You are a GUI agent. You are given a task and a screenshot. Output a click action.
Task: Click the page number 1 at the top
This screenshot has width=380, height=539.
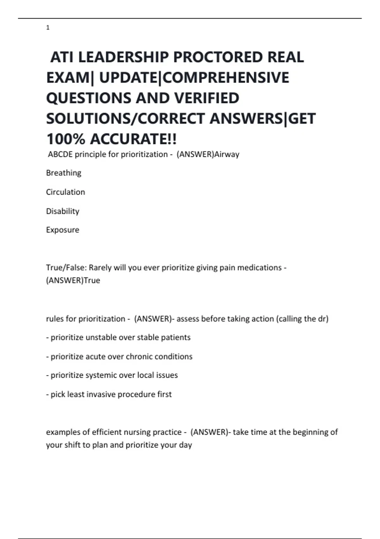48,28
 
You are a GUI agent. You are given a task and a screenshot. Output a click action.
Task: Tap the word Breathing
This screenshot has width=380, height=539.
64,173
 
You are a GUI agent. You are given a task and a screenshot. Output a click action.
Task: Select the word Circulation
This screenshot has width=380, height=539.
66,192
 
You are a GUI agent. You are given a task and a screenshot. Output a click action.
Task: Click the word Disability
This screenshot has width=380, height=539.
63,211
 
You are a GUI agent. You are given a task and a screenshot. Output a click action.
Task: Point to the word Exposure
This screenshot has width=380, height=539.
63,230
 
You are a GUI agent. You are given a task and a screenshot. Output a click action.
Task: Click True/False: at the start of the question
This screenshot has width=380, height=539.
66,268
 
